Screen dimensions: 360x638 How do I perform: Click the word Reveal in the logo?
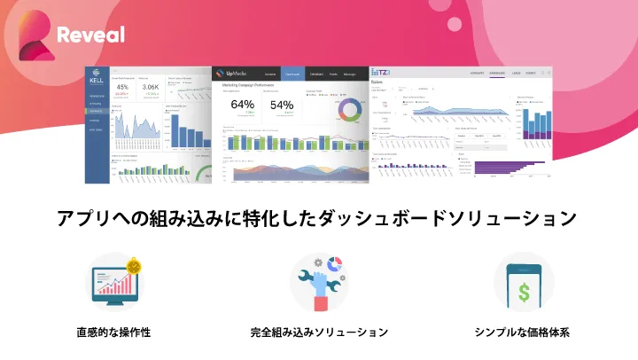[x=89, y=35]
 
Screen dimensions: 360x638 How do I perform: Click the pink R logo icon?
[x=33, y=35]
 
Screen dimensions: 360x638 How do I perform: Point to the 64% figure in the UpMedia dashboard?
[x=242, y=105]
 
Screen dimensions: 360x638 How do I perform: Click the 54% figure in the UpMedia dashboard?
[x=282, y=105]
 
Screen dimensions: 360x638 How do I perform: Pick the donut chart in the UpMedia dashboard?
[x=348, y=109]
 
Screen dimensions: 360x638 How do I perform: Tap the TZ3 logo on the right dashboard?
[x=382, y=73]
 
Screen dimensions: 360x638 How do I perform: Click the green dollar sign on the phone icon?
[x=525, y=290]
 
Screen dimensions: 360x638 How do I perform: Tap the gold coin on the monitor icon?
[x=135, y=264]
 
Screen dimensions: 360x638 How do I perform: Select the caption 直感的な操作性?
[x=113, y=333]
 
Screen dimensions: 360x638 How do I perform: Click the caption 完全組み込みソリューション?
[x=319, y=333]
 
